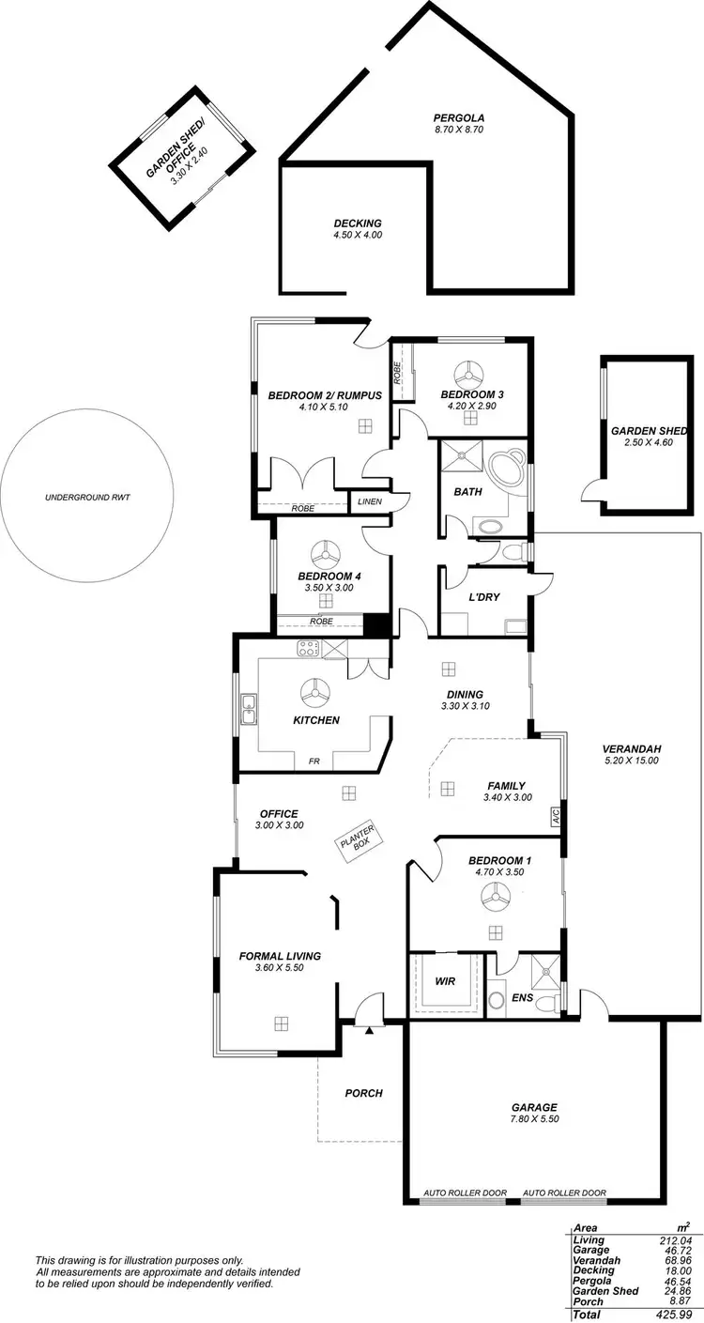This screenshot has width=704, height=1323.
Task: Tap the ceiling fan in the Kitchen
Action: pyautogui.click(x=315, y=694)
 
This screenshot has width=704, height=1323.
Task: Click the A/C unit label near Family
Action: pyautogui.click(x=555, y=815)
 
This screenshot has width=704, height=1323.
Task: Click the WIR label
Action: pyautogui.click(x=445, y=981)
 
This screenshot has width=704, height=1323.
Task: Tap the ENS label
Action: pyautogui.click(x=522, y=998)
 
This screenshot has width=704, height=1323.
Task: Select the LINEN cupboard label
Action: pyautogui.click(x=370, y=502)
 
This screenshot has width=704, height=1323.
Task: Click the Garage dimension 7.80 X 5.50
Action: pyautogui.click(x=534, y=1120)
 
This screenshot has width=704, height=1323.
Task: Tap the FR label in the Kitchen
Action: pyautogui.click(x=314, y=761)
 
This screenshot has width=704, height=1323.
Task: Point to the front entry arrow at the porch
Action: pyautogui.click(x=370, y=1030)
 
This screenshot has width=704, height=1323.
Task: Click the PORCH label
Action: pyautogui.click(x=363, y=1093)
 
